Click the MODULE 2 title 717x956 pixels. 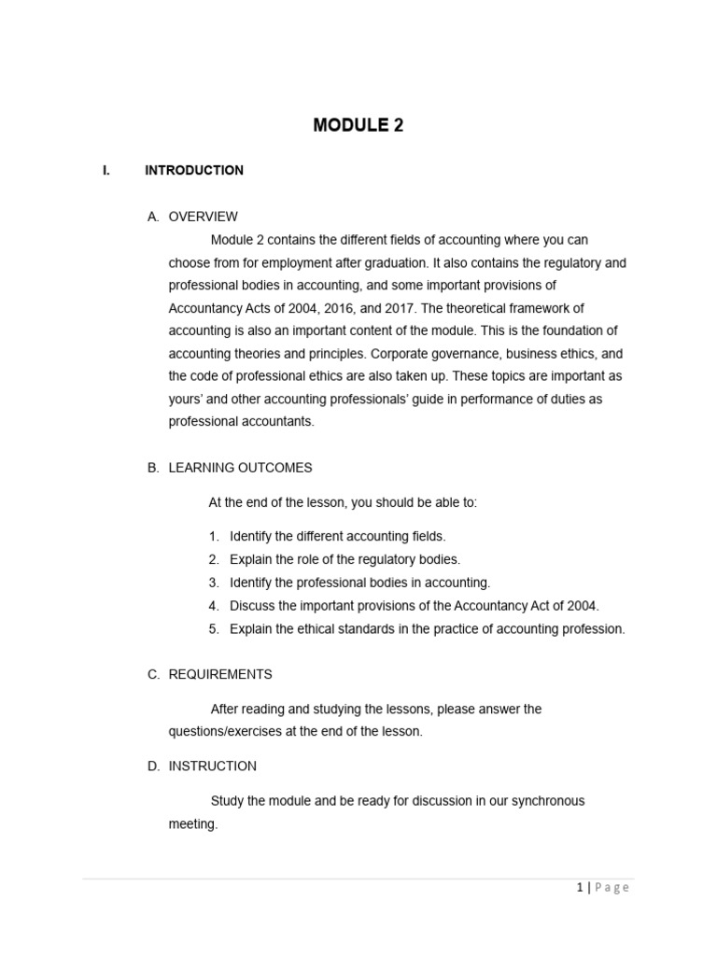[x=358, y=125]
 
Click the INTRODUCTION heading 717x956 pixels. [x=194, y=170]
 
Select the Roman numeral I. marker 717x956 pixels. [x=106, y=170]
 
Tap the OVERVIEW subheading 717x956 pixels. [x=203, y=217]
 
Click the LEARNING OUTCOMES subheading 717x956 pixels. [x=240, y=468]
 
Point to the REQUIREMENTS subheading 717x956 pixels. [x=220, y=674]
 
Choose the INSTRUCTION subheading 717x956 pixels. [x=212, y=766]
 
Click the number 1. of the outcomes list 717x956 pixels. [x=214, y=536]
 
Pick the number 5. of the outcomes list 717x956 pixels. [x=214, y=628]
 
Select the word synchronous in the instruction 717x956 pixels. [x=547, y=801]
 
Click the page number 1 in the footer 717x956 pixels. [x=579, y=887]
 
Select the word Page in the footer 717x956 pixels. [x=612, y=887]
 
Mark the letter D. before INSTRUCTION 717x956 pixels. [x=153, y=766]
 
